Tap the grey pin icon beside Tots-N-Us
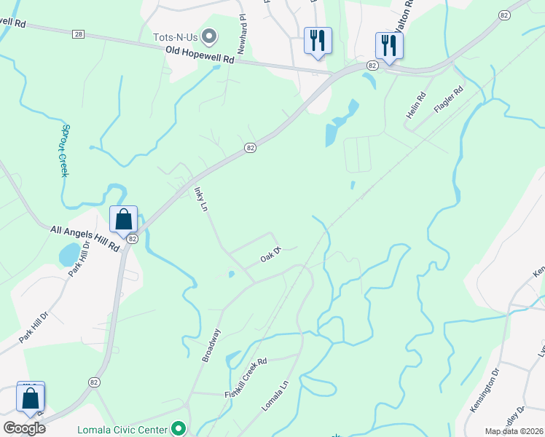point(210,36)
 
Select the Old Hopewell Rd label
point(200,55)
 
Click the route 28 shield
point(79,34)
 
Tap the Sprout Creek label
point(64,149)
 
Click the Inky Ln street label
point(201,200)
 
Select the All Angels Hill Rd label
point(85,238)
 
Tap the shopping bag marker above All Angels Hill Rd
point(123,219)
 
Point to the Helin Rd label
point(415,106)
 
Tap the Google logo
point(24,428)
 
